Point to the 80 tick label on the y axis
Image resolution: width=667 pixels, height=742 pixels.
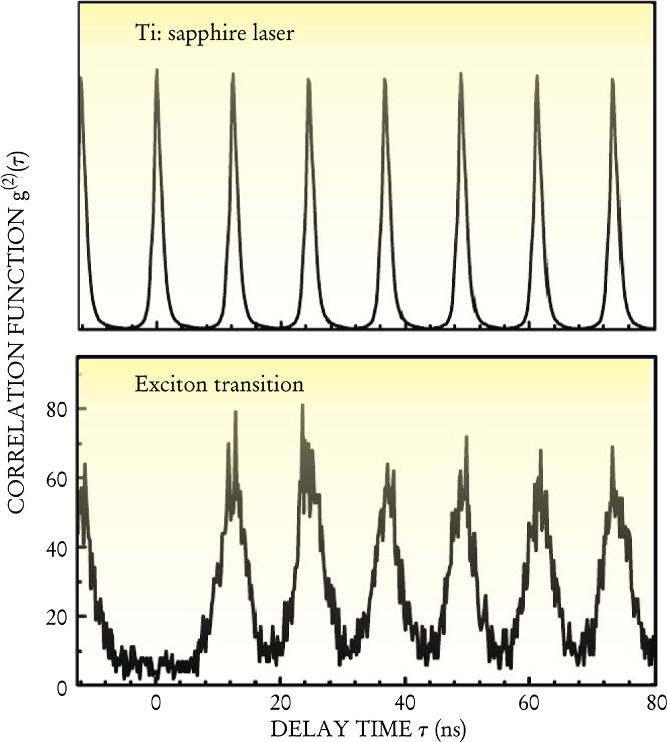tap(59, 408)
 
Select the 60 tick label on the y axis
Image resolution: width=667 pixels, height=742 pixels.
tap(59, 478)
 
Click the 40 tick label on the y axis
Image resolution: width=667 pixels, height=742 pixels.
tap(59, 547)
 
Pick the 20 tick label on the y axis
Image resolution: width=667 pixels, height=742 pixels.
tap(59, 617)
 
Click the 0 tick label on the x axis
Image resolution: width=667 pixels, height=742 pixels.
tap(156, 702)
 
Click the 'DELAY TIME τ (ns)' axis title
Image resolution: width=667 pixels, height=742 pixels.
tap(366, 728)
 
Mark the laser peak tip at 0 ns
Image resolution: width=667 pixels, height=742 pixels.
tap(156, 70)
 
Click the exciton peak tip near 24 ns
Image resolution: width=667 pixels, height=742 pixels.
tap(303, 405)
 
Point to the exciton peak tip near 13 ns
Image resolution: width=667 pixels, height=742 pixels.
tap(236, 412)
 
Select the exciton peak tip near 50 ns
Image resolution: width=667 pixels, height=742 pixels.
tap(466, 437)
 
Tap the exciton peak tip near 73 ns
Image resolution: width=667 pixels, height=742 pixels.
tap(612, 447)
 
